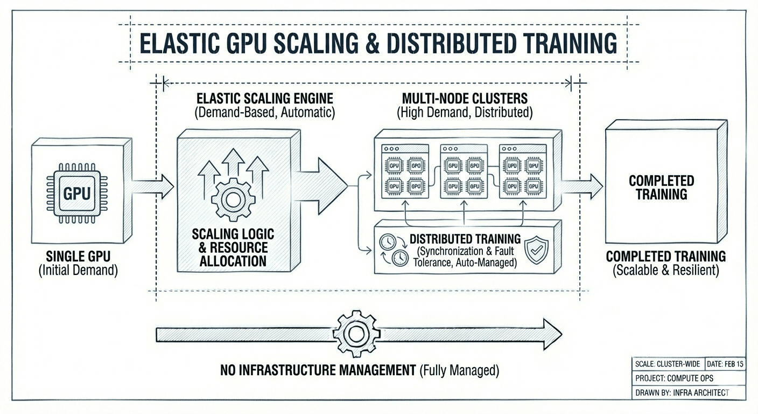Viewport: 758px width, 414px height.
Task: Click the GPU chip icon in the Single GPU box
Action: coord(77,193)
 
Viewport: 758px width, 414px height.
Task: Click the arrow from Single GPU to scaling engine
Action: coord(153,187)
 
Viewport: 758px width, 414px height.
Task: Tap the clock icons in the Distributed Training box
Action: coord(392,250)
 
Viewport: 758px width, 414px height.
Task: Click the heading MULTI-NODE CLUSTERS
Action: coord(465,99)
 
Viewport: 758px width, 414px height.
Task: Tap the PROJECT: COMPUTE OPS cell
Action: coord(673,378)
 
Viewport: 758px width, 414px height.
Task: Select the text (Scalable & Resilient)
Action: coord(666,270)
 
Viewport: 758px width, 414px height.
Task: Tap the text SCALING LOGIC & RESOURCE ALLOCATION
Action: coord(233,248)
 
